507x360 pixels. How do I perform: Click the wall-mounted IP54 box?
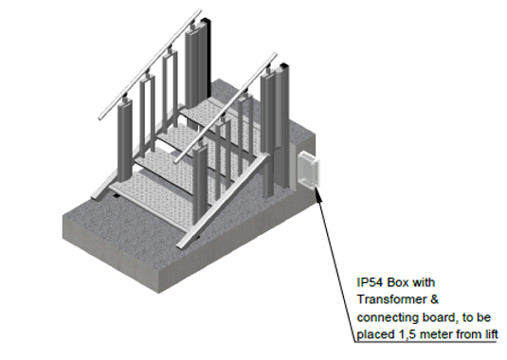(x=308, y=170)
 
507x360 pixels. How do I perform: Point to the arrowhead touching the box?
(x=317, y=193)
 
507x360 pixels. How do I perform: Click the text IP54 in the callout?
(x=370, y=282)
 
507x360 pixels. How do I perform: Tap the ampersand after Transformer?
(x=434, y=299)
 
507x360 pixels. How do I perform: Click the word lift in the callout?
(x=491, y=334)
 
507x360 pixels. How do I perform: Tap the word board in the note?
(x=439, y=317)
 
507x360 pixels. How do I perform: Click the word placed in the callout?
(x=375, y=334)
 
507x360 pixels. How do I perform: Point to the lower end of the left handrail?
(x=100, y=117)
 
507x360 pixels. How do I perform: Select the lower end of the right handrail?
(x=176, y=161)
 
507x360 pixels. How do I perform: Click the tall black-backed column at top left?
(x=197, y=64)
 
